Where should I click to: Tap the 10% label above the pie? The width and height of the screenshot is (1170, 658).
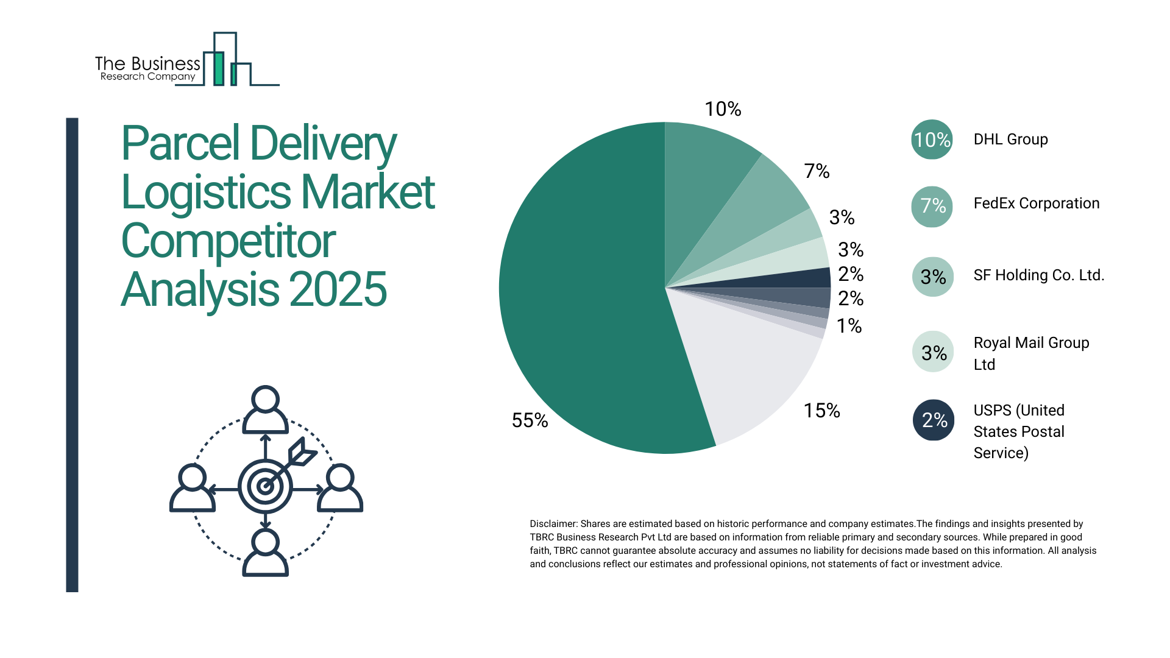tap(723, 109)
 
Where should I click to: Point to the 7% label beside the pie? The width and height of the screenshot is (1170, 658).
tap(817, 171)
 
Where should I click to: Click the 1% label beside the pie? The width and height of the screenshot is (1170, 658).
tap(849, 326)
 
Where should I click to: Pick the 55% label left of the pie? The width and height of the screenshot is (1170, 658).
tap(530, 420)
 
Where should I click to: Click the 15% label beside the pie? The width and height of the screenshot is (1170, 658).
tap(821, 411)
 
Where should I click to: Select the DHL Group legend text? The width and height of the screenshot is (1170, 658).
tap(1010, 140)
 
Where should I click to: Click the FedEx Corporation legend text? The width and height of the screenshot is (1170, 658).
tap(1036, 203)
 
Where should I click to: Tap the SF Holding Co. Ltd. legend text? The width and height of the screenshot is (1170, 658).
tap(1038, 275)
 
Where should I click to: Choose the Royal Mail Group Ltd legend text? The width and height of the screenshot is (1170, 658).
tap(1031, 353)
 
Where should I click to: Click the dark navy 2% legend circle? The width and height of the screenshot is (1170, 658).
tap(934, 420)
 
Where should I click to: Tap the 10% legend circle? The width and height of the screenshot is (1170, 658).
tap(932, 140)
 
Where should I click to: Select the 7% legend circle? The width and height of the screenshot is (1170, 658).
tap(932, 206)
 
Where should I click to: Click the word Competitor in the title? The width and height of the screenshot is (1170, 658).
tap(229, 241)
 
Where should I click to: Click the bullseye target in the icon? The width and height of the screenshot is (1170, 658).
tap(265, 486)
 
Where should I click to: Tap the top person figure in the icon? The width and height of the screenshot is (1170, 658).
tap(265, 409)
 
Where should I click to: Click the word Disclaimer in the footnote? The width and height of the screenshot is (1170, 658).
tap(553, 524)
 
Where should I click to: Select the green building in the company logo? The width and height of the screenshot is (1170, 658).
tap(218, 68)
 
